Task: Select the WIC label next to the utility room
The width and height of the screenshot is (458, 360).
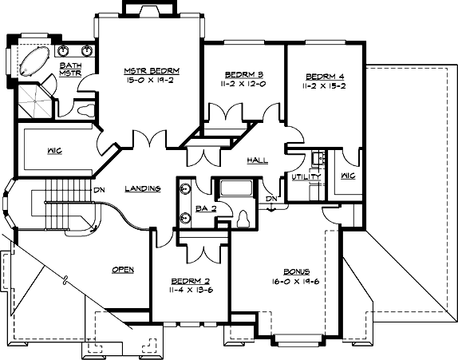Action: click(348, 176)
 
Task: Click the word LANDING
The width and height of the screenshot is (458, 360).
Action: click(144, 188)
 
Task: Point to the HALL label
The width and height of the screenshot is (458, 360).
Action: click(258, 160)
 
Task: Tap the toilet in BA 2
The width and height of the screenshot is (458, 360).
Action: click(244, 216)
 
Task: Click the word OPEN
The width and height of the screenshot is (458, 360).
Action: click(122, 269)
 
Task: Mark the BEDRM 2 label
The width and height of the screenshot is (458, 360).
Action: click(191, 281)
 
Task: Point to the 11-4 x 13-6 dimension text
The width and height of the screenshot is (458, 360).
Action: click(191, 291)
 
